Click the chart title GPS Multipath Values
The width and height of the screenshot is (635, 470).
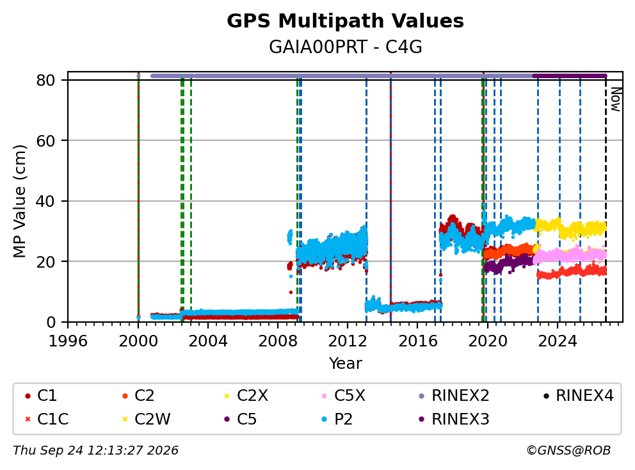tap(345, 21)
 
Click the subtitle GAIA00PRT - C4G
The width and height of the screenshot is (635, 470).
tap(346, 47)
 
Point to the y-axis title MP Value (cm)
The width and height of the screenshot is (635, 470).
tap(19, 201)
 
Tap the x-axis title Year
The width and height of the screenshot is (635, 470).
tap(346, 363)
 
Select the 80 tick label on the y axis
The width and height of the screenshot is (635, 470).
tap(45, 80)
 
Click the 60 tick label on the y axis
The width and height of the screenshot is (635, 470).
tap(45, 141)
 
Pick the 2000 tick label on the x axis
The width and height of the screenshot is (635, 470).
tap(138, 341)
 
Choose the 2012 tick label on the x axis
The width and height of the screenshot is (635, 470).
tap(348, 341)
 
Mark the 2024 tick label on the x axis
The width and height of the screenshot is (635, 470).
tap(558, 341)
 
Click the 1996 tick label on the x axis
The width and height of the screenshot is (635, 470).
tap(68, 341)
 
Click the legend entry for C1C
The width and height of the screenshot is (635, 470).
tap(47, 419)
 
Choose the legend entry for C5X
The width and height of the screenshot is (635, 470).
tap(343, 396)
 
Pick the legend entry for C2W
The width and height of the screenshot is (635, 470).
tap(146, 419)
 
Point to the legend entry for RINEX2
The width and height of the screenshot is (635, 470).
tap(454, 396)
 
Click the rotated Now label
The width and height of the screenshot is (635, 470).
tap(616, 99)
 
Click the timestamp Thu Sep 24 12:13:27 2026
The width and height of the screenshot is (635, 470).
tap(95, 451)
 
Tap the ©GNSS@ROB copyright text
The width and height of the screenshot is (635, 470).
tap(568, 451)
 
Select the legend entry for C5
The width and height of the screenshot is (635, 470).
tap(240, 419)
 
